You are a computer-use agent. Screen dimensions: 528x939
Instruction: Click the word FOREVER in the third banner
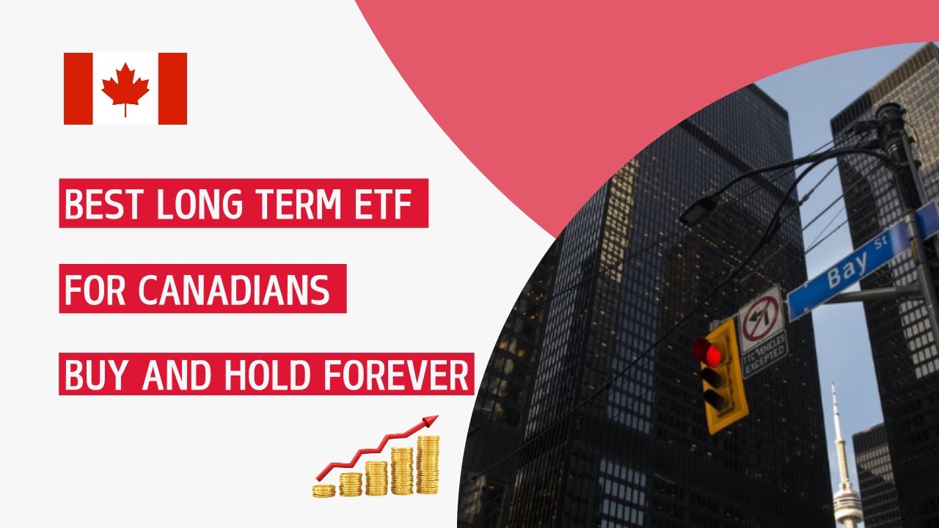coord(406,375)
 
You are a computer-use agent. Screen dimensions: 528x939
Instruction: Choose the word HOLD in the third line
coord(287,375)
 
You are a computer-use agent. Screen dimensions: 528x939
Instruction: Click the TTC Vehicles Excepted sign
coord(764,353)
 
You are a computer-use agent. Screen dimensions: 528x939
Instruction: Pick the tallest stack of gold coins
coord(428,465)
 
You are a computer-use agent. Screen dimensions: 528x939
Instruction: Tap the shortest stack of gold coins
coord(324,490)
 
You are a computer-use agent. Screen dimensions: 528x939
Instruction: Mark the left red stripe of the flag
coord(78,89)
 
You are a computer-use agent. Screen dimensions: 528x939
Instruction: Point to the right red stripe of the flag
coord(172,89)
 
